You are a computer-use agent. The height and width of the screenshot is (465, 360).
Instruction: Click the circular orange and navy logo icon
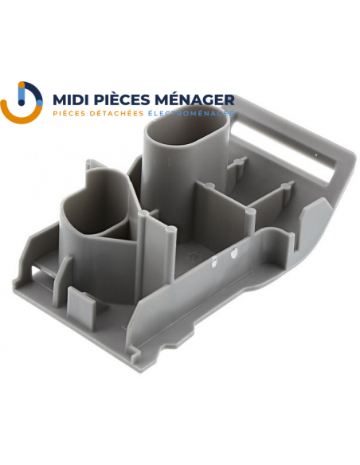tap(22, 102)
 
